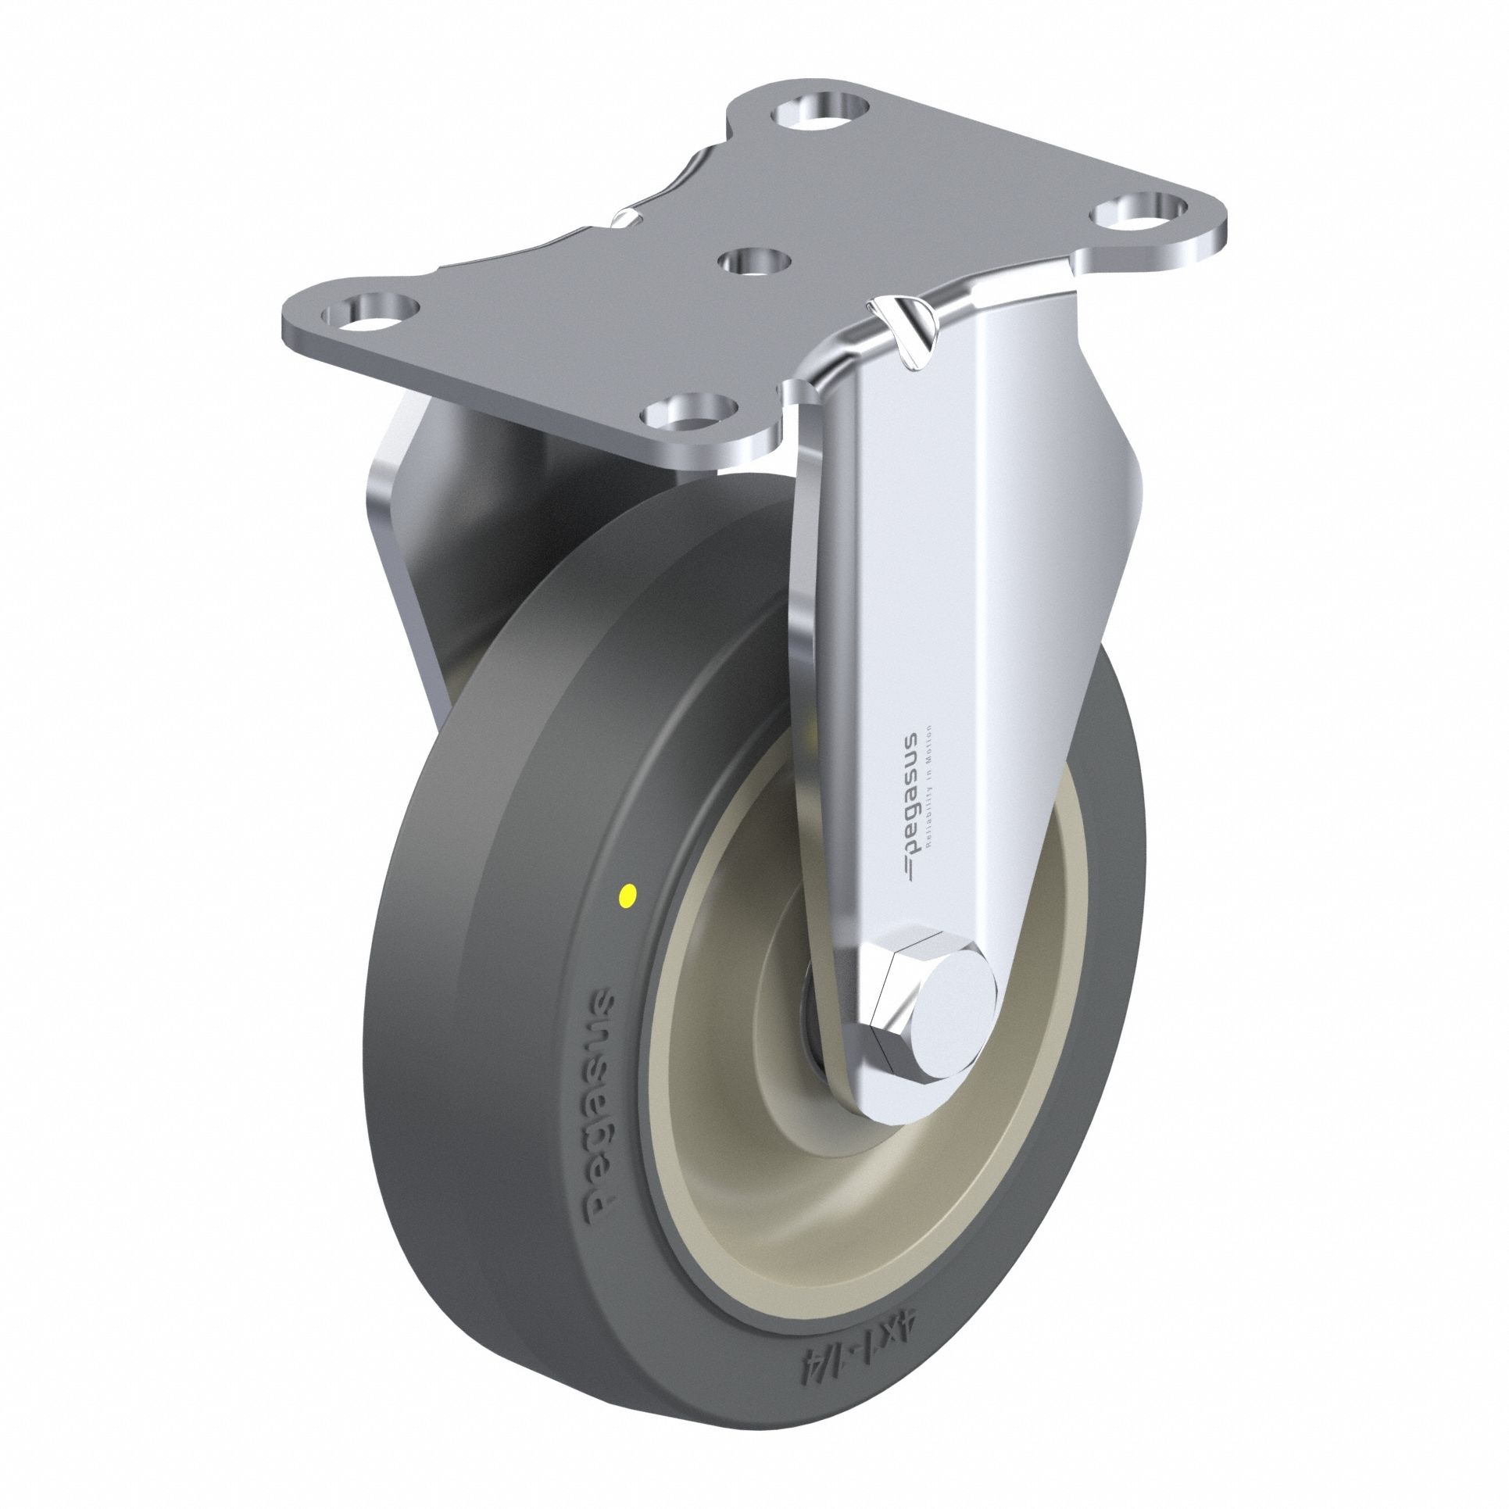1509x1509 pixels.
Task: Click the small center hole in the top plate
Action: [754, 260]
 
